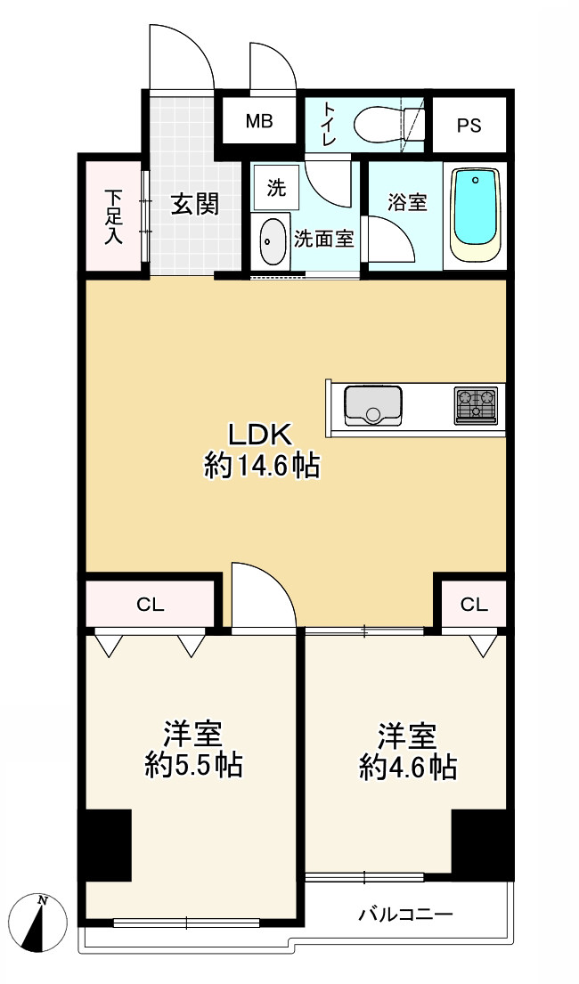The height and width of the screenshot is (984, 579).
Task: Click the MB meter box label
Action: point(258,121)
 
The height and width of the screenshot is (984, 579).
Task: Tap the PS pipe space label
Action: point(469,126)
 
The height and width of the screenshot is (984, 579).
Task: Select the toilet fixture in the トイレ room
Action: point(389,125)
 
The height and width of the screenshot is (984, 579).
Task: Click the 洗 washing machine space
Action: point(276,187)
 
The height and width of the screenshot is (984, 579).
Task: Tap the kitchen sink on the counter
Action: point(373,405)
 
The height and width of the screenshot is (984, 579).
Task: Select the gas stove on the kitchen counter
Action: point(476,404)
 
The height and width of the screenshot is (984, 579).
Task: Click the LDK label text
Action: point(260,435)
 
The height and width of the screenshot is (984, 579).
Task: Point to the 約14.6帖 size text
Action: point(261,466)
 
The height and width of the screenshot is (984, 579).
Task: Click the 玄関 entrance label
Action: point(195,205)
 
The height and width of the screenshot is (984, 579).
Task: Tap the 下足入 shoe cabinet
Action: point(114,216)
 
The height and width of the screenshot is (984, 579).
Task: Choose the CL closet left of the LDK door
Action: point(151,604)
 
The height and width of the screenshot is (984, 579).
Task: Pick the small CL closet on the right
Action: point(474,604)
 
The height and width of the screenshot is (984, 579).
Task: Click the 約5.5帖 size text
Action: point(193,765)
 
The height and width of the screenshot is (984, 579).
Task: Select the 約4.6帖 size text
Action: point(408,766)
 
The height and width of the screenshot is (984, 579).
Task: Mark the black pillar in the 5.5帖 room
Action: point(104,845)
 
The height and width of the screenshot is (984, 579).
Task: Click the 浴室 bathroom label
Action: point(407,202)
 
